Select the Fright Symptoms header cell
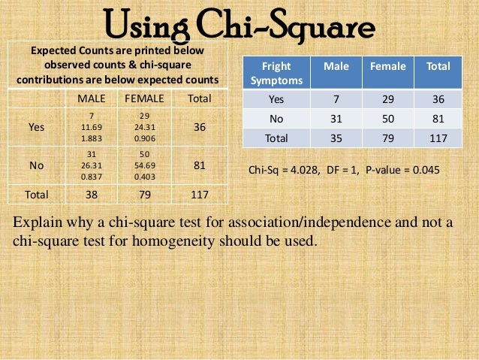[x=272, y=73]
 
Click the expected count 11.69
[x=91, y=127]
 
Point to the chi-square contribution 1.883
[x=91, y=138]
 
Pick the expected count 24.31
[x=144, y=127]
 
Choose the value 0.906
[x=144, y=138]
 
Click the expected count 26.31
[x=91, y=166]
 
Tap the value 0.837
[x=91, y=177]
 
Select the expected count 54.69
[x=144, y=166]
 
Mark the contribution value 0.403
[x=144, y=177]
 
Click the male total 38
[x=91, y=194]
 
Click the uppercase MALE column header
[x=91, y=98]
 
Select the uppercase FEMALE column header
[x=144, y=98]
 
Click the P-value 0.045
[x=425, y=171]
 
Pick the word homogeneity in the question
[x=215, y=242]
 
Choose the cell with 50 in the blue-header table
[x=387, y=119]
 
